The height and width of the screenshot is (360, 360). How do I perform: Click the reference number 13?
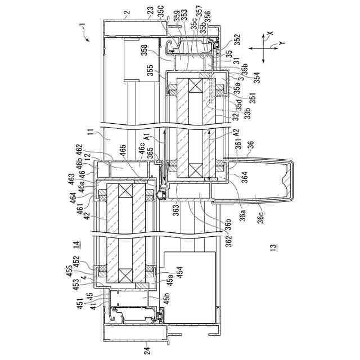(273, 246)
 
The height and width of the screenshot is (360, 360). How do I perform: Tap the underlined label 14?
(76, 244)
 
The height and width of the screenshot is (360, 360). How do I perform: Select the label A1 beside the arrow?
(147, 137)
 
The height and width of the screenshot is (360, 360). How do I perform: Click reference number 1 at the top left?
(82, 25)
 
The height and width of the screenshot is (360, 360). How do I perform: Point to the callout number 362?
(211, 238)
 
